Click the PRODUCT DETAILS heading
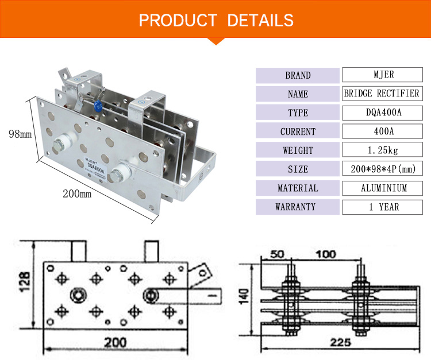(215, 20)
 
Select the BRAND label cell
(298, 75)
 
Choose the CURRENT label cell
(298, 131)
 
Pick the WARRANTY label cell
(298, 207)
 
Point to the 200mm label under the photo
(77, 193)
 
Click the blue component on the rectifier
(99, 106)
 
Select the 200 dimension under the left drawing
(115, 343)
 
